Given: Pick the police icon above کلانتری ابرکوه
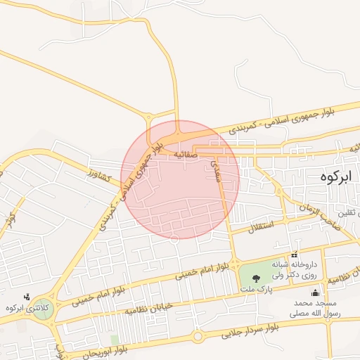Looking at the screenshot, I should click(x=27, y=297).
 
